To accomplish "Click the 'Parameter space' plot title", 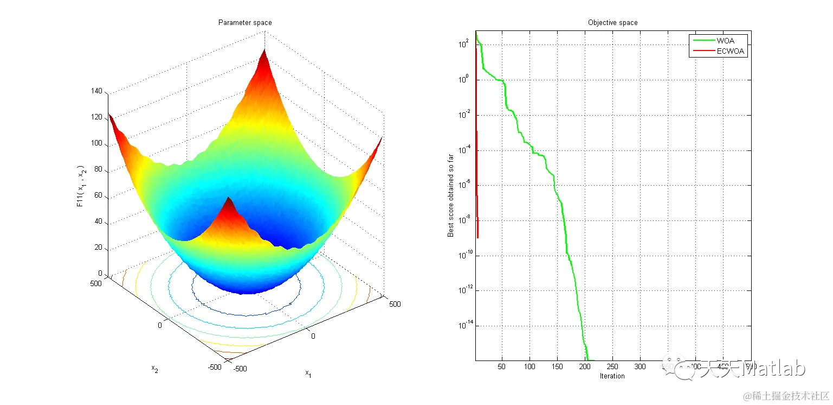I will coord(245,23).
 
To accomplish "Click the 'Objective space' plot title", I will coord(612,23).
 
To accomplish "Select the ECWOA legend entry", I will coord(731,52).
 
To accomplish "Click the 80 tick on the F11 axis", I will coord(98,170).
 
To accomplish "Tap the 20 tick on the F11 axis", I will coord(98,248).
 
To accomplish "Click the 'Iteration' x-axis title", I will coord(612,376).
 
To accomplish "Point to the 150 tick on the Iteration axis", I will coord(557,366).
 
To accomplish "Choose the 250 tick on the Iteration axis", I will coord(612,366).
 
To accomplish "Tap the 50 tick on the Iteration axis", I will coord(502,366).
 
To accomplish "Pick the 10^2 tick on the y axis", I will coord(464,45).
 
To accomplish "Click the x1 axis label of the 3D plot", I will coord(308,373).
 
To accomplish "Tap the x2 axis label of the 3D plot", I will coord(154,369).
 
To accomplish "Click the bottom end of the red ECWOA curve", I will coord(477,237).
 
